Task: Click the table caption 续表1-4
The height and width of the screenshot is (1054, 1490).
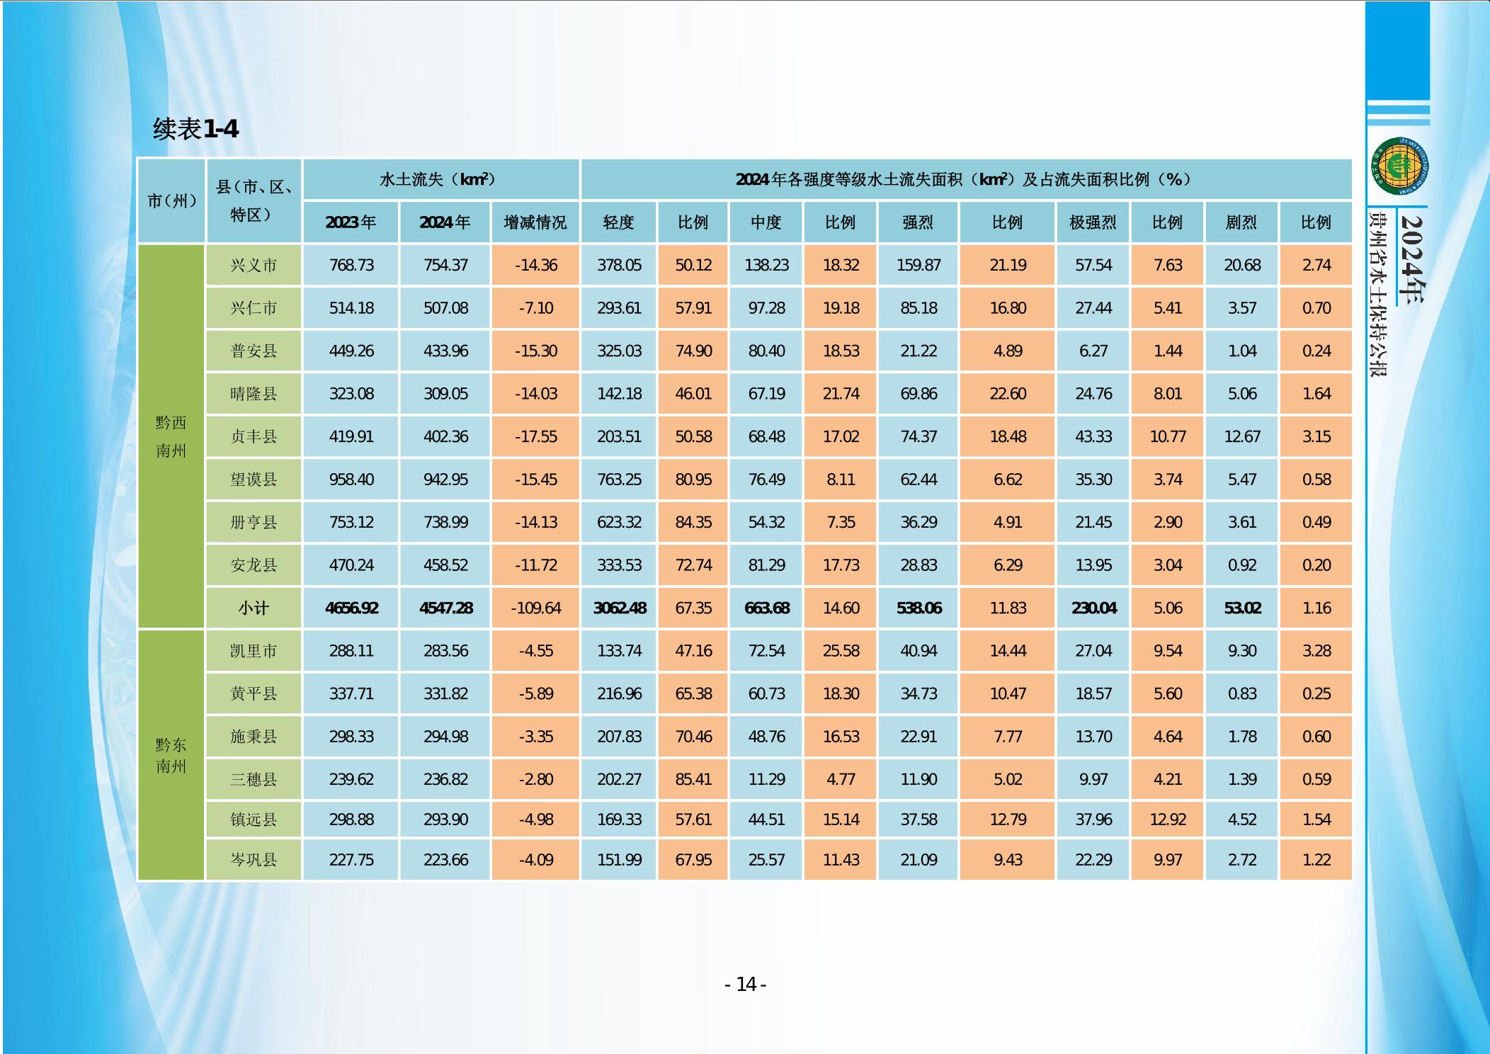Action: [x=195, y=129]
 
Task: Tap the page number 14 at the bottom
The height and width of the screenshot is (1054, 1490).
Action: [x=746, y=985]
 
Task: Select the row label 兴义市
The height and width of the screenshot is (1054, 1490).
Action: [x=254, y=266]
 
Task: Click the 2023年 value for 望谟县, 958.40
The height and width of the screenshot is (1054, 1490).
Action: [x=351, y=480]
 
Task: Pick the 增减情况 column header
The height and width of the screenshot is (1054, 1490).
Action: [x=535, y=222]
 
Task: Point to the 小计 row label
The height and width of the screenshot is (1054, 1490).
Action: [x=254, y=608]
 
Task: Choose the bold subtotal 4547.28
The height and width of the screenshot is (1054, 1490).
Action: [x=445, y=608]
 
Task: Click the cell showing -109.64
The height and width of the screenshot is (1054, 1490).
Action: [x=535, y=608]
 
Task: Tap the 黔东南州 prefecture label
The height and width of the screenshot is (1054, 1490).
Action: [x=171, y=755]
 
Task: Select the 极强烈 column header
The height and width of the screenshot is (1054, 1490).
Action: [x=1093, y=222]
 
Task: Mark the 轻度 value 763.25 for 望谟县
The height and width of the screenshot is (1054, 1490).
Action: [x=619, y=480]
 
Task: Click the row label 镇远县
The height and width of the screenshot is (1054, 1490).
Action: [x=254, y=820]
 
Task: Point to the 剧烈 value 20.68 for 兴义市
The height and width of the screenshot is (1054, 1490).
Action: [x=1242, y=266]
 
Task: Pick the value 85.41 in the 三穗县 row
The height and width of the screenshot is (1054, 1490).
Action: [x=693, y=779]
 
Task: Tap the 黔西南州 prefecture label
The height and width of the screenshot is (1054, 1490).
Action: [x=171, y=436]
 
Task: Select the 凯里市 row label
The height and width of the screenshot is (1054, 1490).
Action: [x=254, y=651]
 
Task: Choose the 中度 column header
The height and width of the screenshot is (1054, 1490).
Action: [x=766, y=222]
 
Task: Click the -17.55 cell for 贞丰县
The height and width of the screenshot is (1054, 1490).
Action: [x=535, y=436]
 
